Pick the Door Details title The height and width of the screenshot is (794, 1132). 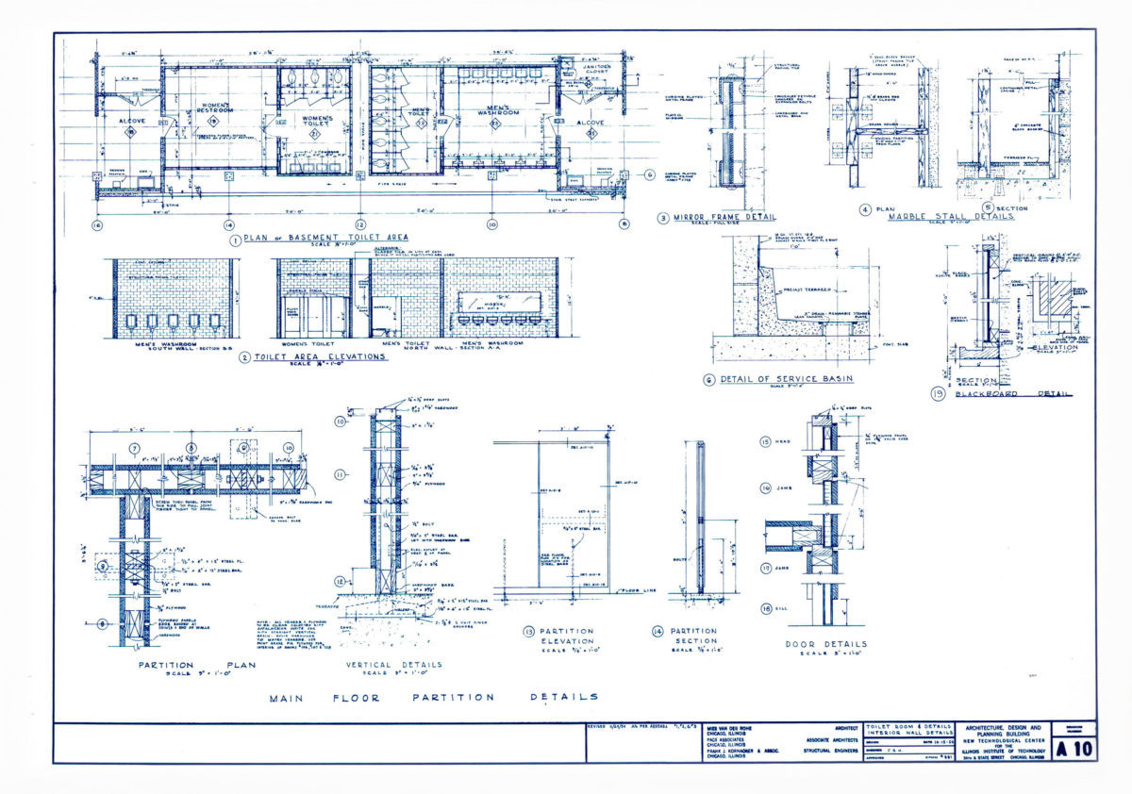point(825,645)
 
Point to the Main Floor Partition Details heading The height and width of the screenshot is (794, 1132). point(433,697)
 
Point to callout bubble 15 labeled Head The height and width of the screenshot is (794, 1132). point(766,441)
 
